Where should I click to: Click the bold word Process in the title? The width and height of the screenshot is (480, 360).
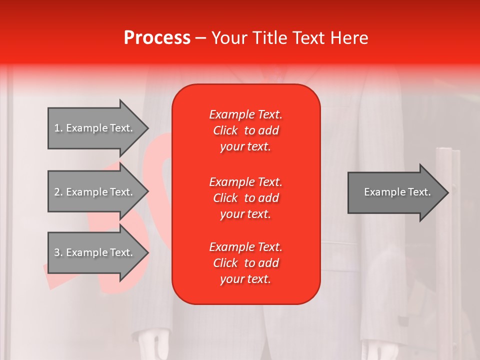(x=157, y=38)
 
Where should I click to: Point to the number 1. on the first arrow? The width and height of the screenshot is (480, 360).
(x=58, y=128)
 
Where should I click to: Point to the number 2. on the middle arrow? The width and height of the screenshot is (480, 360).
(x=58, y=192)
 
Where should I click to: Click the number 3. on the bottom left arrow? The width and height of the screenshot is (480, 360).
(x=58, y=252)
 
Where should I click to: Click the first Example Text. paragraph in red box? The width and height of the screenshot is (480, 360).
(x=245, y=130)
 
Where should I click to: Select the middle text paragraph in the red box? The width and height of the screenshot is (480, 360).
(x=245, y=197)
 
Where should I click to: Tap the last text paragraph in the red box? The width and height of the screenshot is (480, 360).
(x=245, y=263)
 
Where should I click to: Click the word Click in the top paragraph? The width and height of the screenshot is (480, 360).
(x=225, y=131)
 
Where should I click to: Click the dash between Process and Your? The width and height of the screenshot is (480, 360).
(x=201, y=38)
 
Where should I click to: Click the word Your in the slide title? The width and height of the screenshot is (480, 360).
(x=230, y=38)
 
